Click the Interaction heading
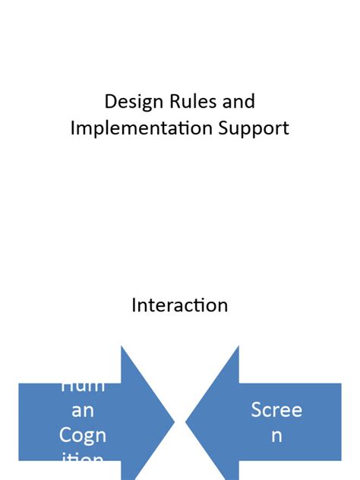(x=180, y=305)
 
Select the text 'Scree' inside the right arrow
(x=276, y=410)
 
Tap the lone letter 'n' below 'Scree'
(x=276, y=435)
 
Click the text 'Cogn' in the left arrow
(x=82, y=435)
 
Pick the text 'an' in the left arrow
(x=82, y=410)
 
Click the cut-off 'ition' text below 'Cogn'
(x=82, y=458)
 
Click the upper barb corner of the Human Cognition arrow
(x=122, y=347)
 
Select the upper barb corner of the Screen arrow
(x=238, y=347)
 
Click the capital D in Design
(x=110, y=102)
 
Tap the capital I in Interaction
(x=134, y=305)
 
